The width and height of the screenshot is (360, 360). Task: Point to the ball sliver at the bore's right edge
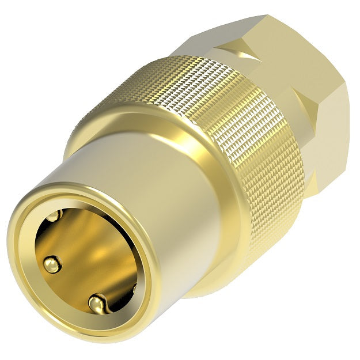pyautogui.click(x=134, y=286)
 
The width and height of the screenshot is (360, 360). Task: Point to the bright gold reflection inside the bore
pyautogui.click(x=92, y=253)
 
